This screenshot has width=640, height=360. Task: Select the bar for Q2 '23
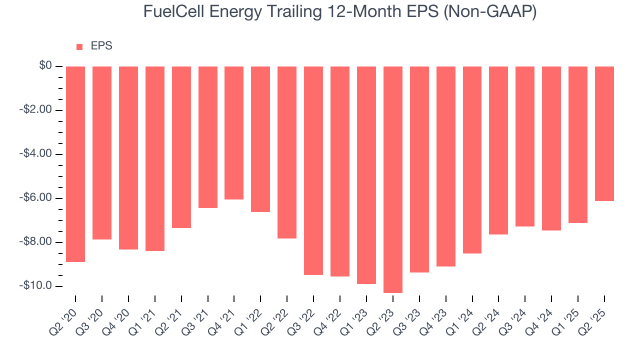tap(393, 179)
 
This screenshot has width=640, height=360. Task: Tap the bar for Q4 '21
tap(234, 133)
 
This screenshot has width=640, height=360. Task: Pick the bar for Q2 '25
tap(604, 133)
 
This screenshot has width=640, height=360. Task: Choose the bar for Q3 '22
tap(313, 170)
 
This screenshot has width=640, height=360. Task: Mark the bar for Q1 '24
tap(472, 160)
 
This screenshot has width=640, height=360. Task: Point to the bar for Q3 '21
tap(207, 137)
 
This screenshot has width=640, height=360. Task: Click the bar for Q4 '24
tap(551, 148)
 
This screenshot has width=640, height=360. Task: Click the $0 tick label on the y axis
tap(46, 66)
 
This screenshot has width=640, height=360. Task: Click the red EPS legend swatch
tap(79, 47)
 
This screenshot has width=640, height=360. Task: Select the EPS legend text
tap(101, 46)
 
